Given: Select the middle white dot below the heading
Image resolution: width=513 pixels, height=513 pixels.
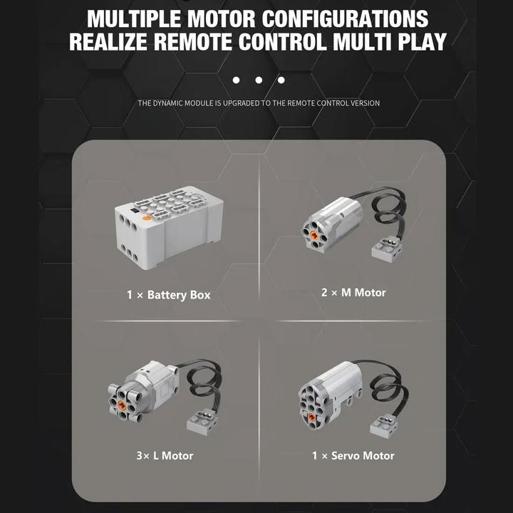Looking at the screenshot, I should tap(259, 81).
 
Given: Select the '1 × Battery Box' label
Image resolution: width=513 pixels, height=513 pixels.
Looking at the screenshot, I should tap(169, 294).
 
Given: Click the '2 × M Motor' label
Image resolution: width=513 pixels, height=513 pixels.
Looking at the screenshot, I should tap(353, 292).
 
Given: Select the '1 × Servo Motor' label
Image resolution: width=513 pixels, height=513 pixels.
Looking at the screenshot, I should tap(353, 455).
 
